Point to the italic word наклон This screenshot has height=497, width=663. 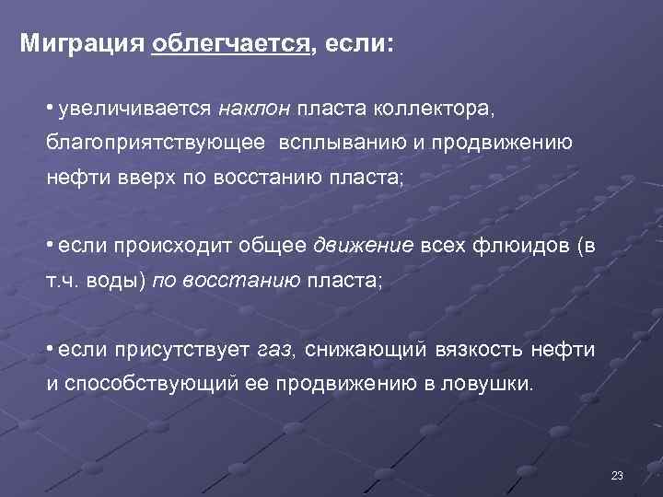(255, 110)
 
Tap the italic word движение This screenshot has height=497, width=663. (365, 246)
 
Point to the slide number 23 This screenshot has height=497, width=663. (617, 475)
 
